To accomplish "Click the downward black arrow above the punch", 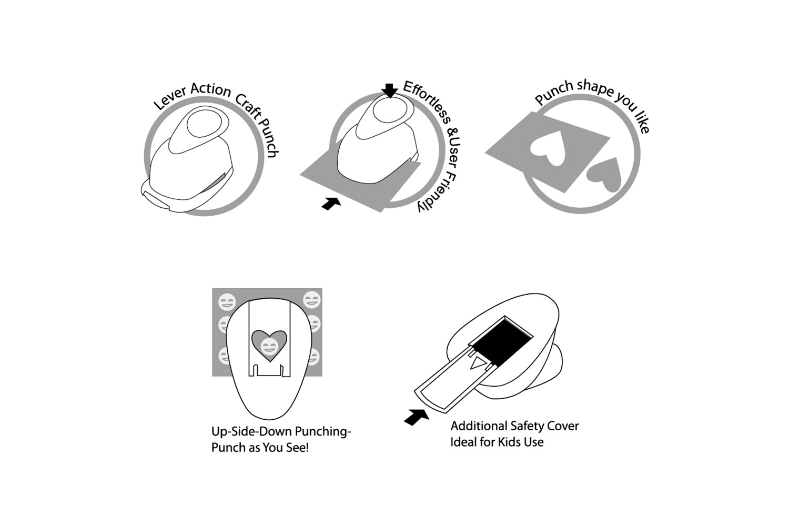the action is [390, 90].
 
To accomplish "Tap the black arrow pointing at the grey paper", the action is [331, 204].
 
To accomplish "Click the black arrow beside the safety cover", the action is [417, 417].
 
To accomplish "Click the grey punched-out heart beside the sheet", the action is [605, 174].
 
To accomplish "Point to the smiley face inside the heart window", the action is [269, 347].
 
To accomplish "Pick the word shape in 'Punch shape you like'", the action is [595, 88].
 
